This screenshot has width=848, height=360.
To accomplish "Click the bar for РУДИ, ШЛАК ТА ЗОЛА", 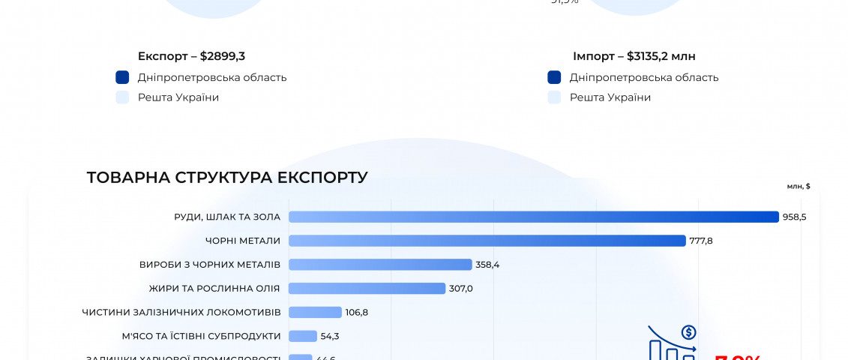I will (534, 217).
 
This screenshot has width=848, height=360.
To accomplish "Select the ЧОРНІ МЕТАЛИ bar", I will (487, 241).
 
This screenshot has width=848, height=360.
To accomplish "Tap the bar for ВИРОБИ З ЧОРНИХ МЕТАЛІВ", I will (380, 265).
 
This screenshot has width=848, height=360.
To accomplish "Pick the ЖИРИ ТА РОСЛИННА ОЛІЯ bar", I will (367, 289).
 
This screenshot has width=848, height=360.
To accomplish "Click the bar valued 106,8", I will (315, 312).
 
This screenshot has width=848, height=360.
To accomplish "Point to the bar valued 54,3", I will (303, 336).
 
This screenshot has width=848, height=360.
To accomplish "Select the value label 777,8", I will (701, 241).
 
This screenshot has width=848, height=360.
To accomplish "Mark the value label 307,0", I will (460, 289).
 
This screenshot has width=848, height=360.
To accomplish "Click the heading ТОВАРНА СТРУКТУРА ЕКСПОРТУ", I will (227, 178).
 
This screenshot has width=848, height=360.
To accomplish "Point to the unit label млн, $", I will (799, 186).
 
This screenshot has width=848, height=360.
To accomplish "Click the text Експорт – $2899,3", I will (191, 56).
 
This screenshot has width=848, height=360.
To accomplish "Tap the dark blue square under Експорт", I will (123, 77).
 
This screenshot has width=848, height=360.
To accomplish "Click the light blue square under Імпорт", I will (555, 97).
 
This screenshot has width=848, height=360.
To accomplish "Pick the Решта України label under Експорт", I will (178, 97).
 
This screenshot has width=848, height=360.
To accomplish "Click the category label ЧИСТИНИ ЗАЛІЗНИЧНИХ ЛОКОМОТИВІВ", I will (181, 312).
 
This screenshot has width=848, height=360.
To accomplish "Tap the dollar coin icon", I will (688, 332).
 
